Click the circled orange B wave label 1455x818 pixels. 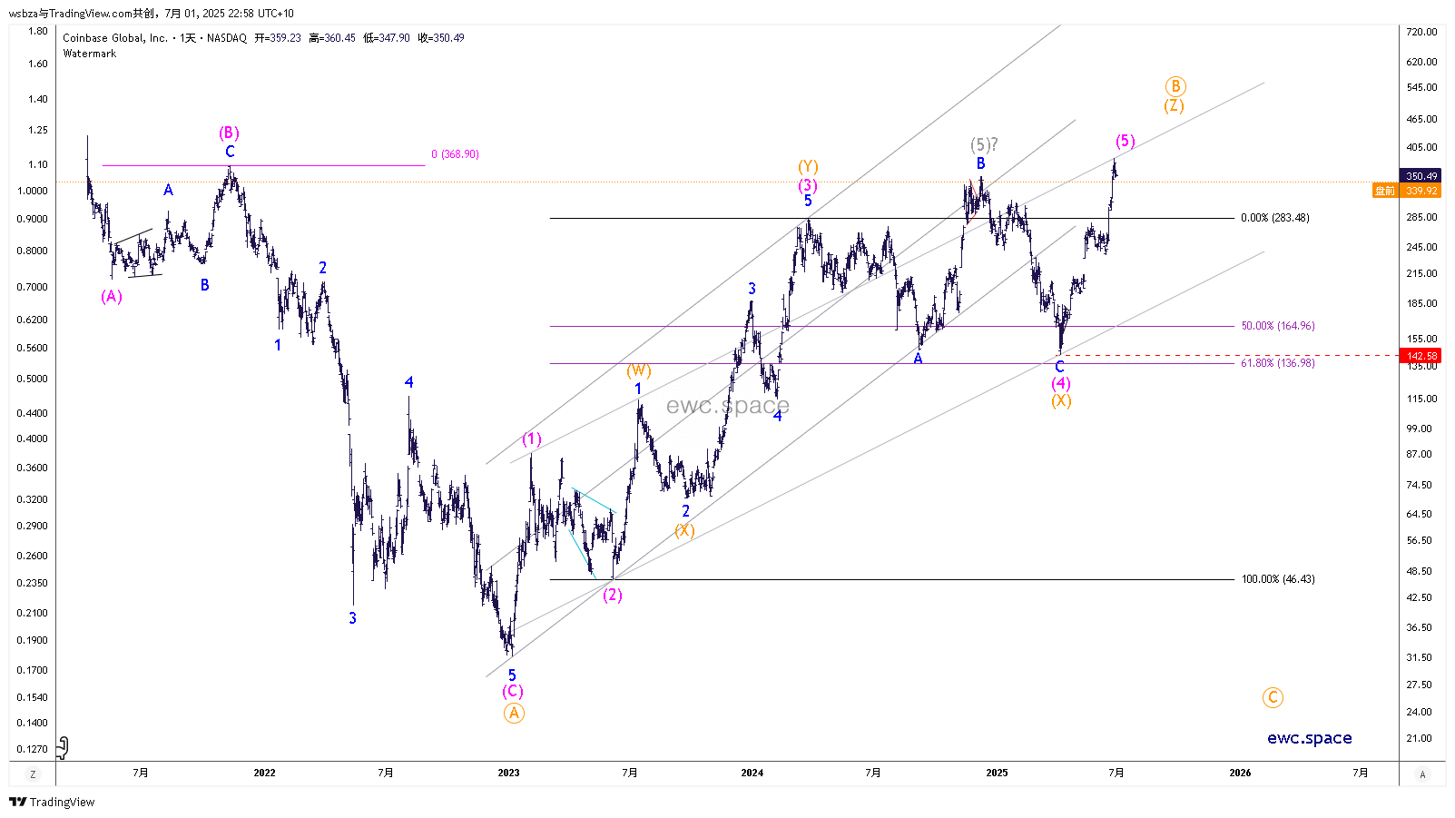tap(1175, 86)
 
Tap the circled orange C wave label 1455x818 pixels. tap(1273, 697)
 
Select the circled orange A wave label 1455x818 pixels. tap(514, 713)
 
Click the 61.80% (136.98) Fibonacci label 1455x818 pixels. tap(1277, 363)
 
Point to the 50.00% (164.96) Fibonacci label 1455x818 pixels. tap(1277, 326)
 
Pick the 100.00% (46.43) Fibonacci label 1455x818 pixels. tap(1277, 579)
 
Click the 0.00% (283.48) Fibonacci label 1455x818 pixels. tap(1274, 218)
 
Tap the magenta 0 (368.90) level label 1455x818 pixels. tap(455, 154)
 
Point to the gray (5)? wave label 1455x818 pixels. tap(984, 144)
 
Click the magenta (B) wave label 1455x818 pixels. tap(229, 133)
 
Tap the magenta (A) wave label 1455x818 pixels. tap(112, 297)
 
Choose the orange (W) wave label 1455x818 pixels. tap(639, 370)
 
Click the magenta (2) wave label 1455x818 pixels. tap(613, 595)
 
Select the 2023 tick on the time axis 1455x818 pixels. tap(508, 773)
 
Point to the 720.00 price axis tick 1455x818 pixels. tap(1421, 32)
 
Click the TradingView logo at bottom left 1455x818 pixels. tap(52, 802)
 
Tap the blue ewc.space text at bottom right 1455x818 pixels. tap(1309, 738)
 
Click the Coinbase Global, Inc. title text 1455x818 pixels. tap(115, 38)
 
